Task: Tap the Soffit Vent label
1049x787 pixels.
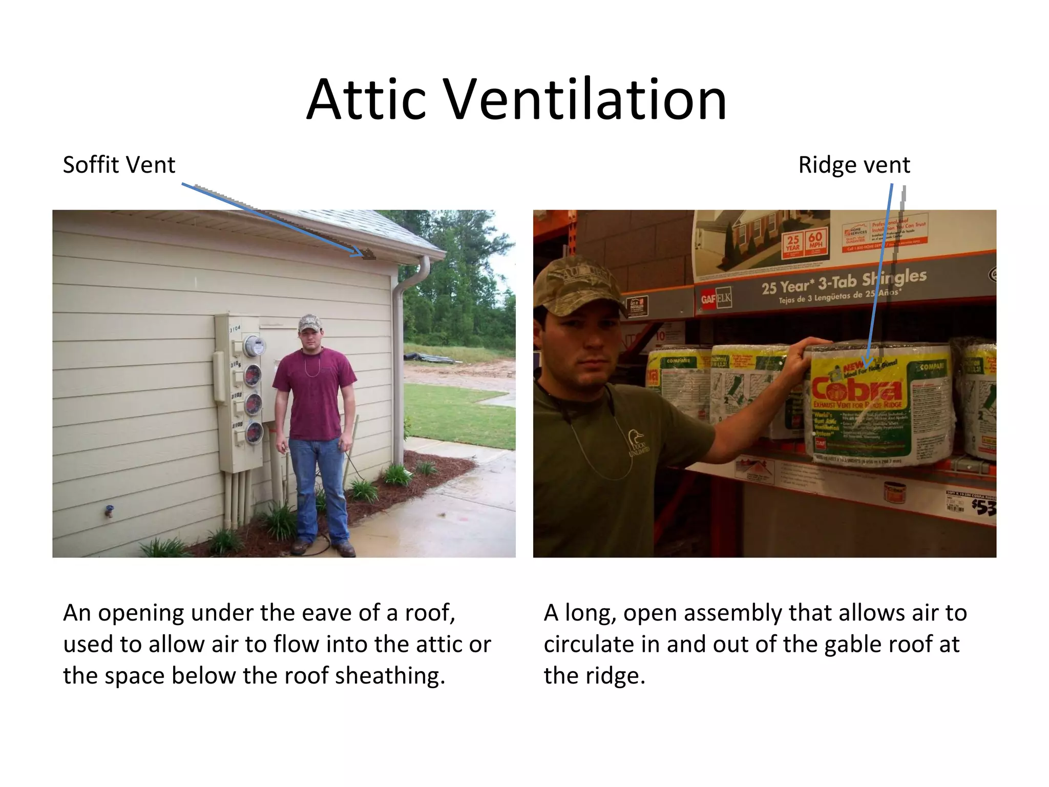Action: pyautogui.click(x=119, y=165)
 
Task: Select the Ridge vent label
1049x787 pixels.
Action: pyautogui.click(x=854, y=165)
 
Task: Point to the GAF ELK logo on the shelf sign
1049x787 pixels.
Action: pyautogui.click(x=717, y=298)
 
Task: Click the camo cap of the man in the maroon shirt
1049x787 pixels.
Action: pyautogui.click(x=310, y=323)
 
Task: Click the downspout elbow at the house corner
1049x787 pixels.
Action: pyautogui.click(x=423, y=262)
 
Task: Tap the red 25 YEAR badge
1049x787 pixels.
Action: pyautogui.click(x=793, y=242)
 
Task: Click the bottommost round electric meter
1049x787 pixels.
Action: pyautogui.click(x=254, y=433)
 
